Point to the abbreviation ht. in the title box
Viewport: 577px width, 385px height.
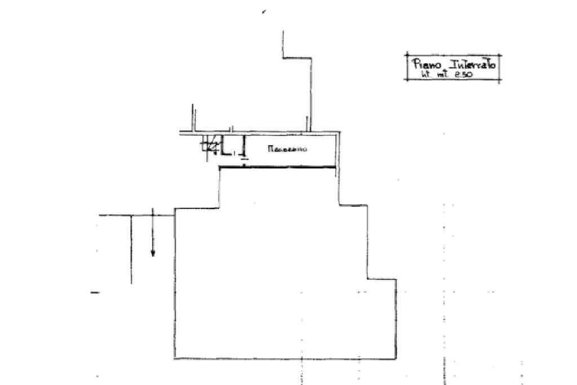pyautogui.click(x=424, y=74)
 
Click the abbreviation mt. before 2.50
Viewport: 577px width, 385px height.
pyautogui.click(x=444, y=75)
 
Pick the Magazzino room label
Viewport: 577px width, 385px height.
pyautogui.click(x=287, y=150)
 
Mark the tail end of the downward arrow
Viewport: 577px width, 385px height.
pyautogui.click(x=153, y=209)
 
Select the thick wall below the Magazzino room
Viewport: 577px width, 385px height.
pyautogui.click(x=278, y=167)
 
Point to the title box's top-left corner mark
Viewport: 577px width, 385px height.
pyautogui.click(x=406, y=55)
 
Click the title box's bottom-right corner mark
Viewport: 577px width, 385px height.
pyautogui.click(x=500, y=80)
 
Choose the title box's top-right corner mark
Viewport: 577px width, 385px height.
pyautogui.click(x=500, y=55)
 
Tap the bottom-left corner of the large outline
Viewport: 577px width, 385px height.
pyautogui.click(x=175, y=358)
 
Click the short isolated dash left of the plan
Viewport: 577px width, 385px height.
pyautogui.click(x=95, y=292)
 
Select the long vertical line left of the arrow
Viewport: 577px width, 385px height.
pyautogui.click(x=131, y=248)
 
